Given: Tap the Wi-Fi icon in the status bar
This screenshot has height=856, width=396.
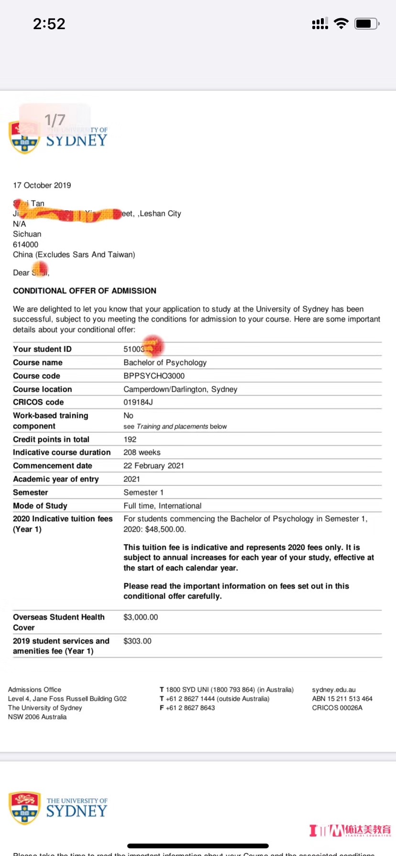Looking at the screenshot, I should (x=341, y=23).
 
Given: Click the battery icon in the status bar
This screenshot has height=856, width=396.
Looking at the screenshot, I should (x=366, y=23).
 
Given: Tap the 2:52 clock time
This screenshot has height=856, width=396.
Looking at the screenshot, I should (x=49, y=24).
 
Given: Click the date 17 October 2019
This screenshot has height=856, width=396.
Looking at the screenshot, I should (x=42, y=185).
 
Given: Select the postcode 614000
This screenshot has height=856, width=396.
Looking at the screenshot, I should (x=25, y=245).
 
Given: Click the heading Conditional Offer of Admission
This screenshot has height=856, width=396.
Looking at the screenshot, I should (x=85, y=291).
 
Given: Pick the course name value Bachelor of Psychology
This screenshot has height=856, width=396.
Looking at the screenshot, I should (x=165, y=363).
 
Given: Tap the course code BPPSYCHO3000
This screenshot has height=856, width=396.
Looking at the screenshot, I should (x=154, y=376).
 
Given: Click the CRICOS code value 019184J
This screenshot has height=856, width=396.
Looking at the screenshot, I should (x=138, y=402).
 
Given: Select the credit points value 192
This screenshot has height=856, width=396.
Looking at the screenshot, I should (x=130, y=439).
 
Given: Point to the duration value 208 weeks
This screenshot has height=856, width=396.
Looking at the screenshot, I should (x=142, y=452).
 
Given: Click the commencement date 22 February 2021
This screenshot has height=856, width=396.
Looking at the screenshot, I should (x=154, y=466).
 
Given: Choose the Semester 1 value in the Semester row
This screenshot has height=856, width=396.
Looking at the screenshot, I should (x=143, y=492).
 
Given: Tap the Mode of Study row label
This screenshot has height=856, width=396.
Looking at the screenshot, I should (x=40, y=506).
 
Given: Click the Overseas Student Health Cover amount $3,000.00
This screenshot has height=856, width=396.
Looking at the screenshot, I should (x=141, y=617).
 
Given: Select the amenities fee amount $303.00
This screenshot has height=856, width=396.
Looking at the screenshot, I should (x=137, y=641).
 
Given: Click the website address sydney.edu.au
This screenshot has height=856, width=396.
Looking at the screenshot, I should (x=334, y=690).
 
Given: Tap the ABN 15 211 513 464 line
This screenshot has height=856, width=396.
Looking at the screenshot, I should (x=342, y=699).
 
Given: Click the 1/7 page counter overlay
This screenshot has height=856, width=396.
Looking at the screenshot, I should (x=55, y=120).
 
